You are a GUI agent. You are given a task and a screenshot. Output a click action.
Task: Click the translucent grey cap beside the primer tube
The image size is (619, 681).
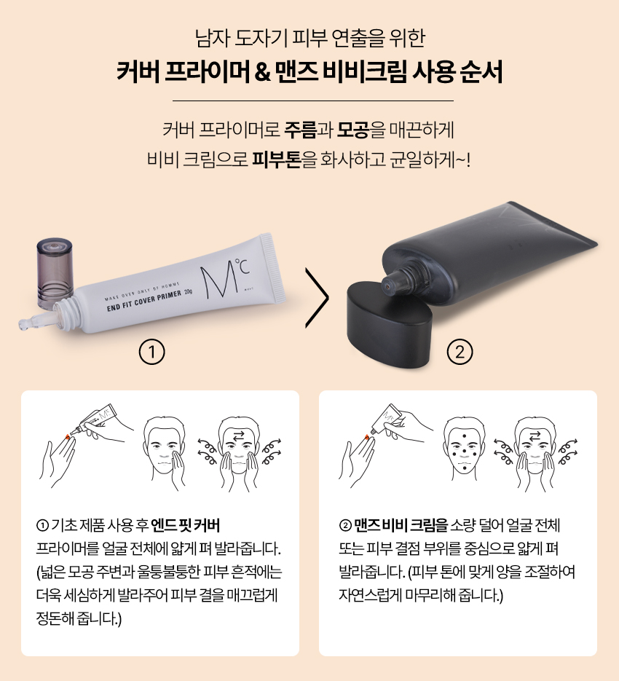tap(55, 272)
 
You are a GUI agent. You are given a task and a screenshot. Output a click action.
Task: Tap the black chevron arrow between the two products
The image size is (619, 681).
tap(318, 297)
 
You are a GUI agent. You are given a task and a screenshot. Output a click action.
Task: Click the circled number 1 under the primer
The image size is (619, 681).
tap(152, 352)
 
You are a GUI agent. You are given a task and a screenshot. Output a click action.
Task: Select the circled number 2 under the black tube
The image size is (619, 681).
tap(460, 352)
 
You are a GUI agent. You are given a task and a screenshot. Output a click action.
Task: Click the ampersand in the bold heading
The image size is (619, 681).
tap(263, 73)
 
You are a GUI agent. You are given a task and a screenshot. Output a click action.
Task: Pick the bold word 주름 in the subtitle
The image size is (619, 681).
tap(300, 130)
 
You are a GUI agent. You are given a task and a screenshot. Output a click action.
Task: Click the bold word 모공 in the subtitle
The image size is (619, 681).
tap(353, 130)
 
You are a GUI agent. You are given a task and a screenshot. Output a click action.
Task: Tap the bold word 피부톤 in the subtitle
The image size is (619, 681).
tap(277, 160)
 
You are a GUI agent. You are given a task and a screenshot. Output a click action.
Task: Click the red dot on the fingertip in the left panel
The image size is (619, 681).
tap(67, 436)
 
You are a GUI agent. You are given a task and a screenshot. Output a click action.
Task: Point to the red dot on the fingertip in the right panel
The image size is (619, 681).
tap(367, 436)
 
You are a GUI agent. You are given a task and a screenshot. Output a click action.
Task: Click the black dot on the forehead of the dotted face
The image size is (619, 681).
tap(465, 436)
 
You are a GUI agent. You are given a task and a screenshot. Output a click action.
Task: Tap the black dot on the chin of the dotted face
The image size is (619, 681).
tap(465, 468)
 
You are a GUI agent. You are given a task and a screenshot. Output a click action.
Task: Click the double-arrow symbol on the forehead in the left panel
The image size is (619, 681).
tap(238, 436)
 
